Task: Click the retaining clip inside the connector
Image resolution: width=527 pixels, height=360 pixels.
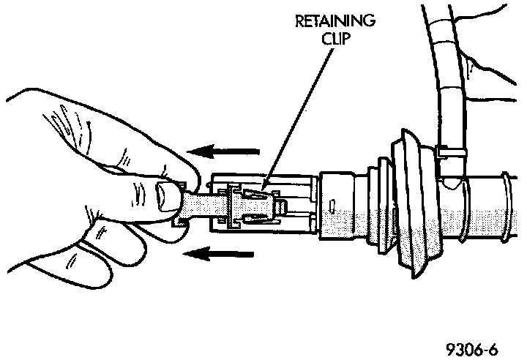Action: [256, 200]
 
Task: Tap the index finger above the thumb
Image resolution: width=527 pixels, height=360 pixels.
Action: [132, 154]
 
